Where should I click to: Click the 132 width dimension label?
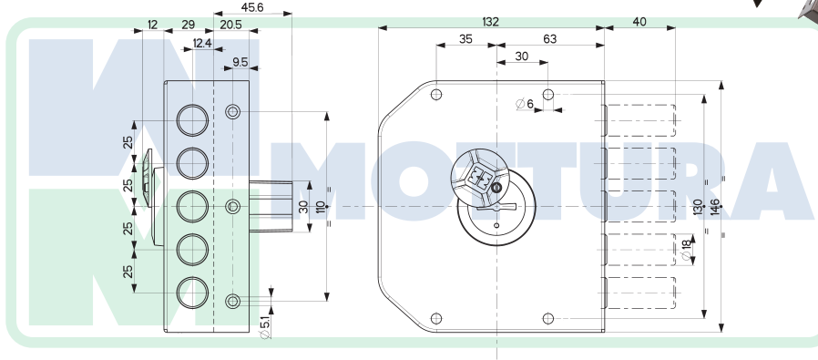[490, 22]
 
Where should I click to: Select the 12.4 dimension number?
[202, 44]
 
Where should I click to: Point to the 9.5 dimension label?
[240, 63]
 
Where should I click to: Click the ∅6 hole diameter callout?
[525, 104]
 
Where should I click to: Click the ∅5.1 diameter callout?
[265, 327]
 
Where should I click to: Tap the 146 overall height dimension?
[715, 207]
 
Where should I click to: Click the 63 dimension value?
[550, 39]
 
